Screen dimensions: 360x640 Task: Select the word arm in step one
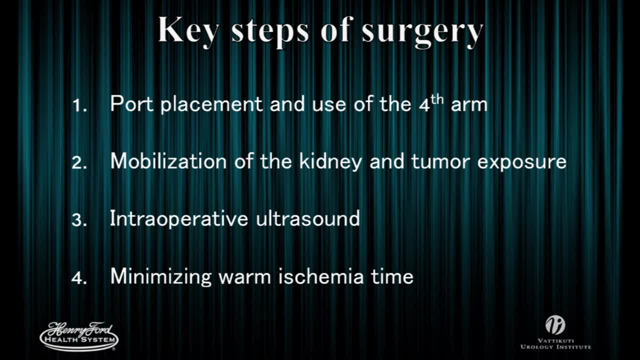pos(468,105)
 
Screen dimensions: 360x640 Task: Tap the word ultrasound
pos(307,219)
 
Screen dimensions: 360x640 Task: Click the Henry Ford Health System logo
pos(79,336)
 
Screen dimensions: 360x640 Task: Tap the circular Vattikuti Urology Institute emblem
pos(555,325)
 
